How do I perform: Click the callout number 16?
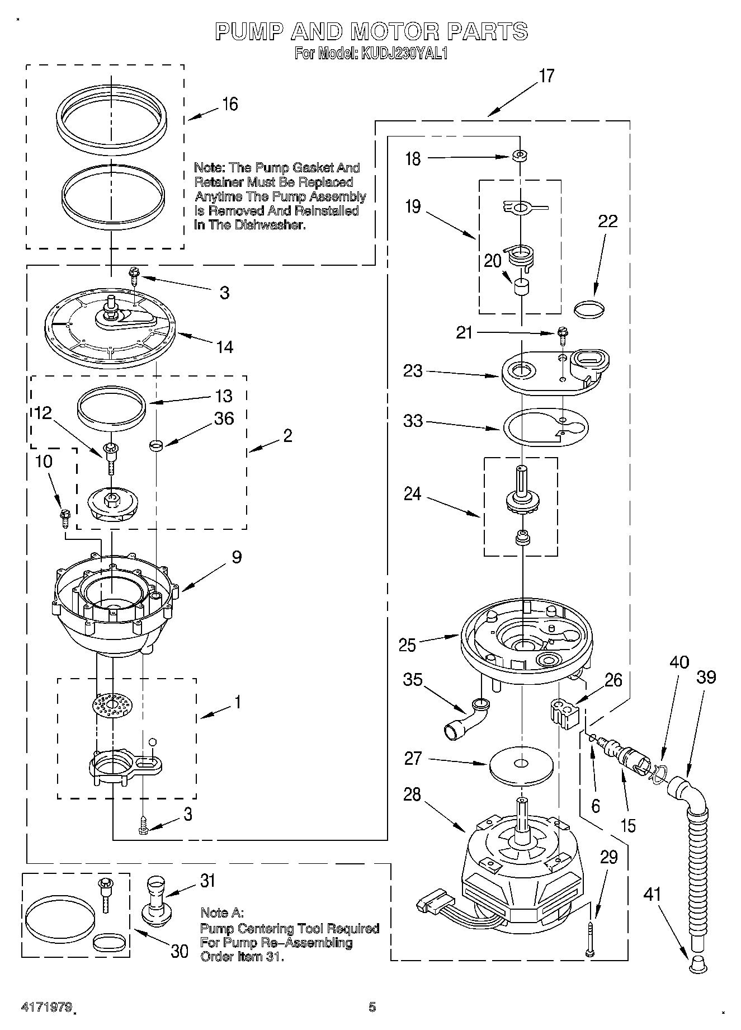point(230,104)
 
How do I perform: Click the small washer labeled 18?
point(520,155)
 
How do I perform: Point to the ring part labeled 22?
point(590,309)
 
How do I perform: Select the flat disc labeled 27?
point(521,764)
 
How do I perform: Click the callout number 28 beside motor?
point(412,794)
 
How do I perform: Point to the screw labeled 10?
point(64,517)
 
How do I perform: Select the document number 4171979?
point(46,1008)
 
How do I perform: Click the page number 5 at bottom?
point(372,1008)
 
